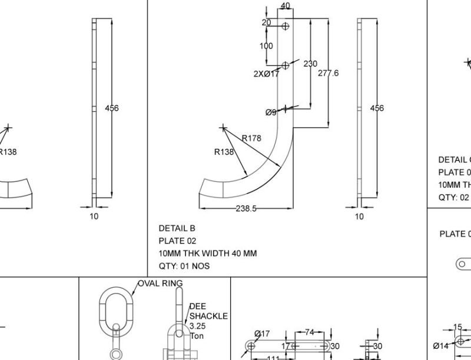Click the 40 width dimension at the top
(x=285, y=6)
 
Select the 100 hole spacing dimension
(x=266, y=46)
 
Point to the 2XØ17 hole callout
(x=266, y=74)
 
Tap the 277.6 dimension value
(x=328, y=73)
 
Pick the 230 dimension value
(x=310, y=64)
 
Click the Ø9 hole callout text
(x=271, y=112)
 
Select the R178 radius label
(x=251, y=138)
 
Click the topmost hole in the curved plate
(x=286, y=26)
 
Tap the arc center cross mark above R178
(x=223, y=127)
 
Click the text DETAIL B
(x=177, y=228)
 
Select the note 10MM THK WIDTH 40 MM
(x=207, y=254)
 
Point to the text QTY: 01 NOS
(x=184, y=266)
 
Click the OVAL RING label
(x=160, y=284)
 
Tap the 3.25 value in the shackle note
(x=198, y=326)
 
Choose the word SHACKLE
(x=208, y=316)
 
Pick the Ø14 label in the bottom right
(x=441, y=346)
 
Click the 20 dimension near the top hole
(x=266, y=22)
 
